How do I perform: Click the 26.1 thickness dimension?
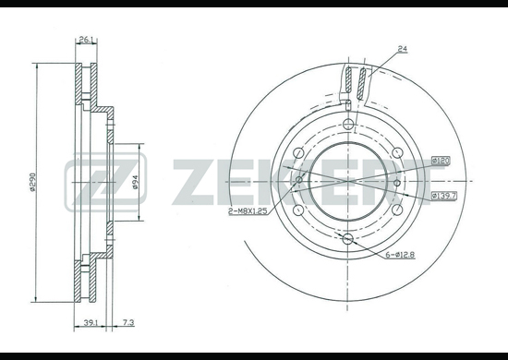tap(86, 40)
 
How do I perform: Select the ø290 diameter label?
tap(32, 182)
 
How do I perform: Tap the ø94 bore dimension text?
tap(135, 182)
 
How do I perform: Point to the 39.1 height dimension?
tap(91, 322)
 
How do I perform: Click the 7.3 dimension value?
tap(128, 322)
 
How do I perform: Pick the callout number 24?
tap(403, 49)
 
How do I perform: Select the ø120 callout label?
tap(441, 161)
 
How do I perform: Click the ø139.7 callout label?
tap(444, 196)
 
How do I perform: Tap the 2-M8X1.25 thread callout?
tap(248, 211)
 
